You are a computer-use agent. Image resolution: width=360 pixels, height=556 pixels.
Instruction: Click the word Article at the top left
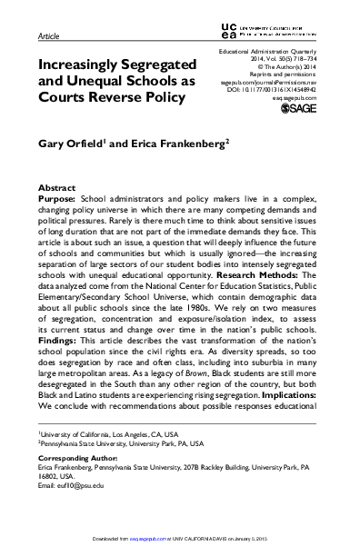(48, 37)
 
